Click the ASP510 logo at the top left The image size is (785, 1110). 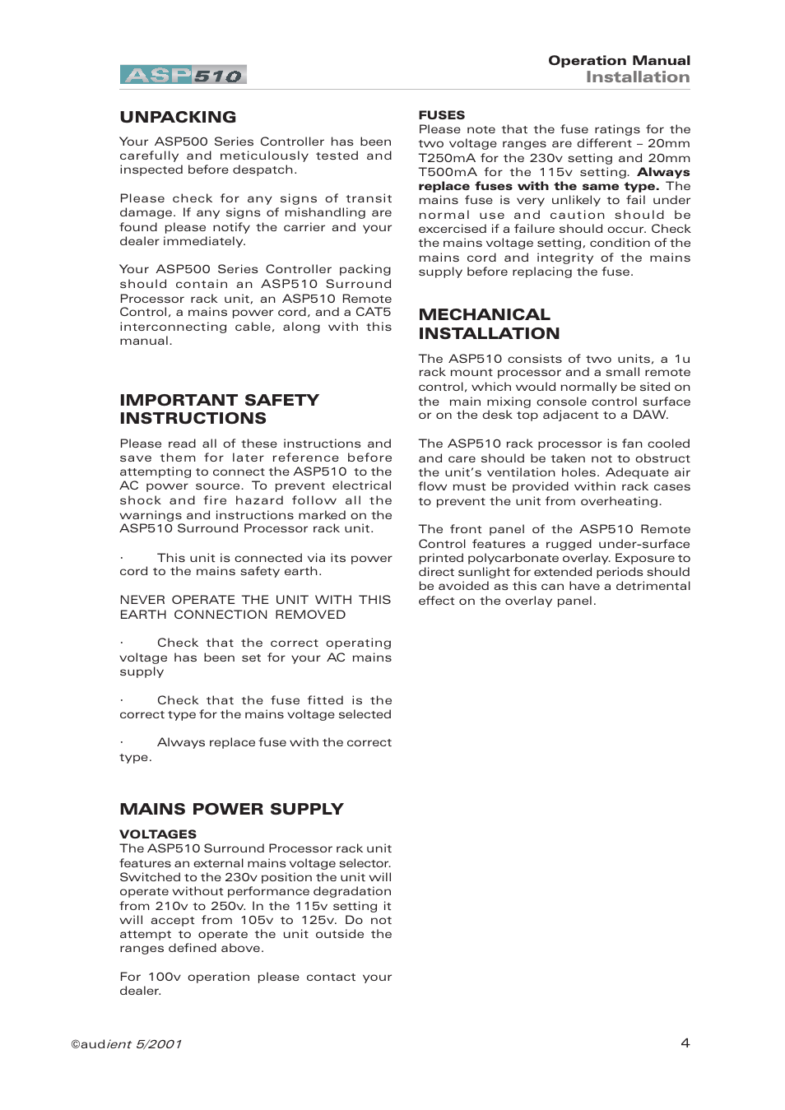[x=183, y=75]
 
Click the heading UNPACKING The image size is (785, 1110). [x=178, y=117]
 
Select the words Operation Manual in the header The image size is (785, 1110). [x=619, y=60]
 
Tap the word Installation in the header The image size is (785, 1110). [x=638, y=77]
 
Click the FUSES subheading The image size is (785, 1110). [x=441, y=115]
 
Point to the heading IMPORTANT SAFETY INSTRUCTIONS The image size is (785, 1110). [x=219, y=409]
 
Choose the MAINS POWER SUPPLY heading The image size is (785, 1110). [x=231, y=809]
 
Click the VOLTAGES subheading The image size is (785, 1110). [x=158, y=834]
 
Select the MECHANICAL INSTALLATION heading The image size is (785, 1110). [x=489, y=323]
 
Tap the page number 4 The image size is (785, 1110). [x=685, y=1043]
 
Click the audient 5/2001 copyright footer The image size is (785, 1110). [x=126, y=1044]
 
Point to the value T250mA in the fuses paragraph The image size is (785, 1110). [x=446, y=158]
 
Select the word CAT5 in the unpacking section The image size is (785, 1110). [x=373, y=312]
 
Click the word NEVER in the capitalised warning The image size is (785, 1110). [x=142, y=600]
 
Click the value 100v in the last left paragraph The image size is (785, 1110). [x=164, y=977]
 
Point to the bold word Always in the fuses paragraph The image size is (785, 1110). [x=663, y=172]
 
